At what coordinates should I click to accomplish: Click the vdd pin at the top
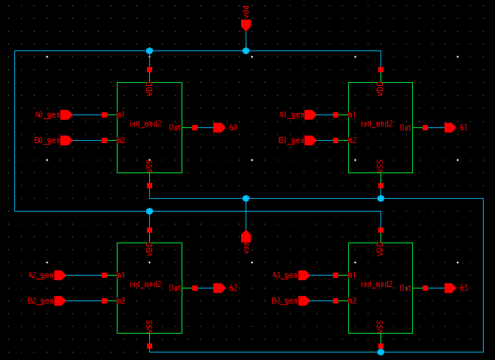pos(246,25)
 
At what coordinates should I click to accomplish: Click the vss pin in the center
pos(246,236)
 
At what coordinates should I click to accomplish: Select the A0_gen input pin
pos(66,115)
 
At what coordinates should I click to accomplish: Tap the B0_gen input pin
pos(66,141)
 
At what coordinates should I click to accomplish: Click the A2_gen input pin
pos(60,276)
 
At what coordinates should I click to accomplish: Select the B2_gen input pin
pos(60,301)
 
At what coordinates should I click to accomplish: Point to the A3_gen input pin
pos(304,276)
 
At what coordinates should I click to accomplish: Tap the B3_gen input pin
pos(304,301)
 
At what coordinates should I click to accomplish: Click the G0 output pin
pos(219,128)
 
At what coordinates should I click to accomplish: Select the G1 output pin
pos(450,128)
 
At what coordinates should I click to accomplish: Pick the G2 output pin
pos(219,288)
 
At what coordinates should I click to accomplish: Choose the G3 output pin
pos(450,288)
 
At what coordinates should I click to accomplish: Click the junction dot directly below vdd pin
pos(246,50)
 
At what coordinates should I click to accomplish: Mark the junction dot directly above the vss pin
pos(246,198)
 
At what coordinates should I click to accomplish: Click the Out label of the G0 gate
pos(175,128)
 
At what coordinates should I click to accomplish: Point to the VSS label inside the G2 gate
pos(150,325)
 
